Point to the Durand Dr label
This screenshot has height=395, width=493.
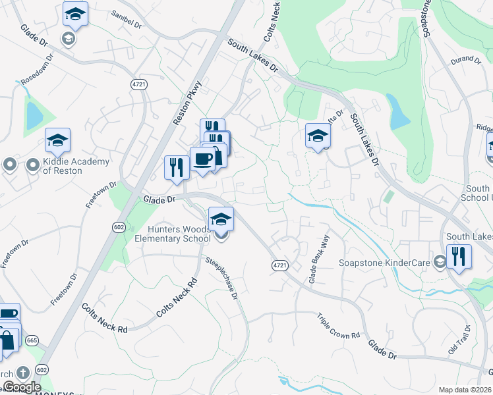[466, 60]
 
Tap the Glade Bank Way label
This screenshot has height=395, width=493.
[318, 259]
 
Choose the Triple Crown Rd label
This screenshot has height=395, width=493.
[337, 326]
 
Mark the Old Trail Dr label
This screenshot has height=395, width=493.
[459, 338]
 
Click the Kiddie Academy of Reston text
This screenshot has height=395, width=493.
[63, 165]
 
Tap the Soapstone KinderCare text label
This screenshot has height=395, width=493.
[384, 262]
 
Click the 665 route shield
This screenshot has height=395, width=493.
[30, 340]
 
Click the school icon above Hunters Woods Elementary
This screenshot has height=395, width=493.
[221, 220]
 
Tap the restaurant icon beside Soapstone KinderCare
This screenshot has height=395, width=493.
[459, 256]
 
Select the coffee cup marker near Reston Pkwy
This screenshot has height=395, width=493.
[202, 159]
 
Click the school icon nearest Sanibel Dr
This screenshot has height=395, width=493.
[75, 14]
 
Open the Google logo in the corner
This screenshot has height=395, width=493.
[21, 387]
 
